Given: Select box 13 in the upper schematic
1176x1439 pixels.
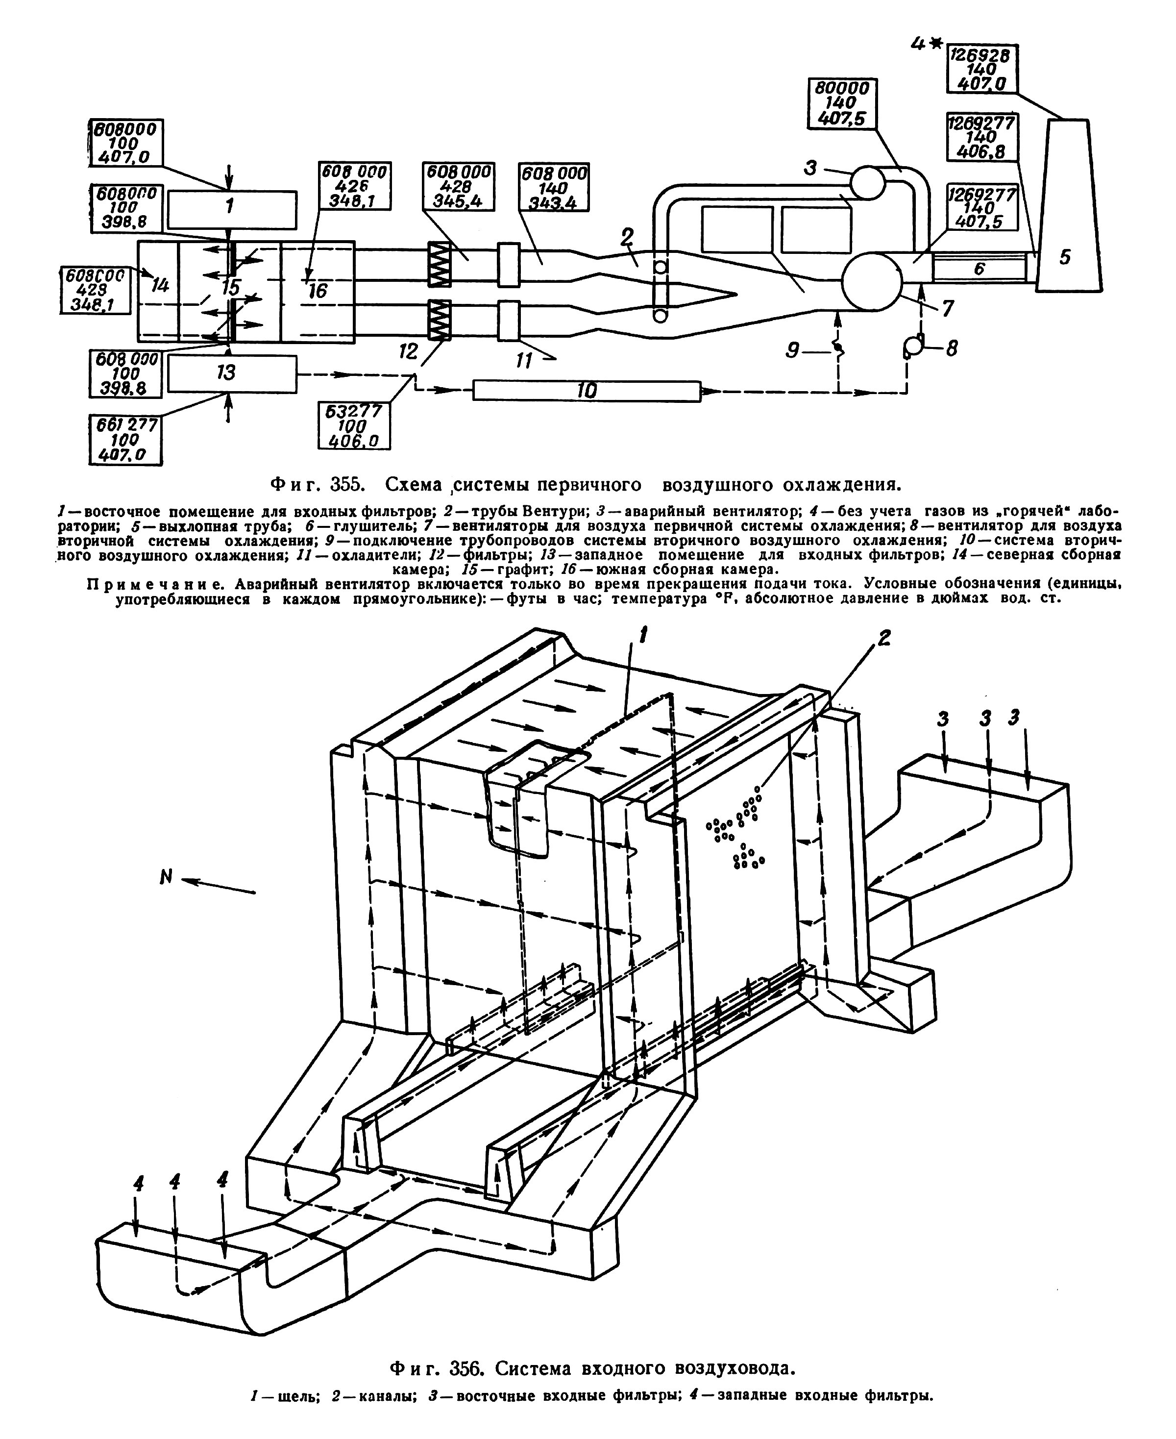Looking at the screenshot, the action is (232, 374).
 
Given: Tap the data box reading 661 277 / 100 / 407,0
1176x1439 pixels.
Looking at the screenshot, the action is (126, 440).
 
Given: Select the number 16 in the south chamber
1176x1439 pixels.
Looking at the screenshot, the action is (317, 291).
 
